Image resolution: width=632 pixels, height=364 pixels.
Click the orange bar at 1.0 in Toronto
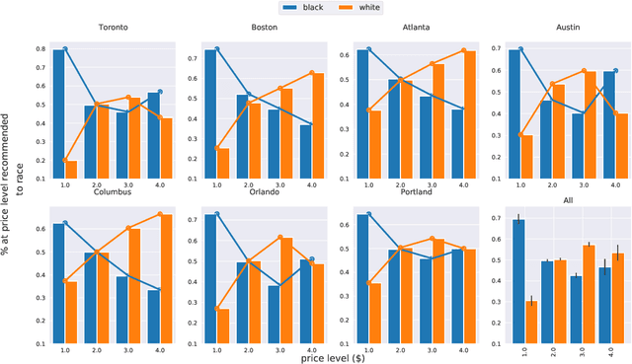[x=72, y=169]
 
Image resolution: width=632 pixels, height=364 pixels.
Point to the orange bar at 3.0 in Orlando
[x=286, y=289]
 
